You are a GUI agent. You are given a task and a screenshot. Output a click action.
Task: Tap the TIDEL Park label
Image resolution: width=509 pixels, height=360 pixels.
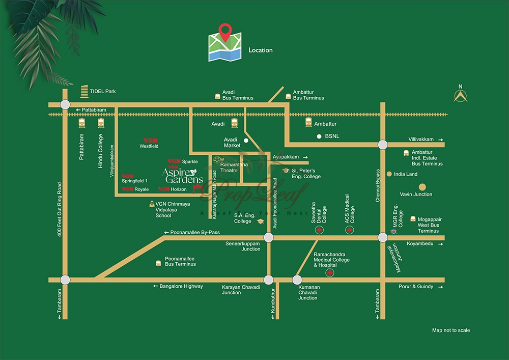tap(102, 91)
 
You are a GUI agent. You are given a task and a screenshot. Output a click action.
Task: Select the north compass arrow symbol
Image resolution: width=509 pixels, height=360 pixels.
tap(461, 96)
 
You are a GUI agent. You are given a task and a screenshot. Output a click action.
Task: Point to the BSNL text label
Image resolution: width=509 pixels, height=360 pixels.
tap(332, 136)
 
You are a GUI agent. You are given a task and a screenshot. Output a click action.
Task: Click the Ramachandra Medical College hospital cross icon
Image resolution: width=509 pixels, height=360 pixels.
tap(330, 274)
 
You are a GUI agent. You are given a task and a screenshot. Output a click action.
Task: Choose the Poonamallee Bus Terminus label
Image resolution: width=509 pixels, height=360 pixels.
tap(180, 261)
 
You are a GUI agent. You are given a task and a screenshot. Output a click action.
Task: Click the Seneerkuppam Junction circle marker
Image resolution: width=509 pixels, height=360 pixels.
tap(268, 237)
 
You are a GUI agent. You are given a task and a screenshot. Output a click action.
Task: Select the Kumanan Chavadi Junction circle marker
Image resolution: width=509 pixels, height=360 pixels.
tap(297, 280)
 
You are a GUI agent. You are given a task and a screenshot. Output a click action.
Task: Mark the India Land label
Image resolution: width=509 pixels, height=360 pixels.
tap(405, 174)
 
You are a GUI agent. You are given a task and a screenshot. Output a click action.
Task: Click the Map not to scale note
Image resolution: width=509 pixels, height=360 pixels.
tap(451, 330)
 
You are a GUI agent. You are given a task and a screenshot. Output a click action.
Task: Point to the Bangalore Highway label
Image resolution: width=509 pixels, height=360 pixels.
tap(181, 287)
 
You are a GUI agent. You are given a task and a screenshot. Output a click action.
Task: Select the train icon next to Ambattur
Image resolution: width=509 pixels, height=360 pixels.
tap(308, 122)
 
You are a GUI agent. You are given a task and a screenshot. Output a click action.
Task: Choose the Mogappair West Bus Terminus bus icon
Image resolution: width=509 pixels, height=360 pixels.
tap(412, 218)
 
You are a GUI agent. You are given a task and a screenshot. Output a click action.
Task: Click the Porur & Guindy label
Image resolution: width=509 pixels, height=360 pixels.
tap(416, 287)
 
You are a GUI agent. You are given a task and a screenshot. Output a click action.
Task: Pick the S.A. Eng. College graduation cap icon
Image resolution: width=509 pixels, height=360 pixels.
tap(261, 221)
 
